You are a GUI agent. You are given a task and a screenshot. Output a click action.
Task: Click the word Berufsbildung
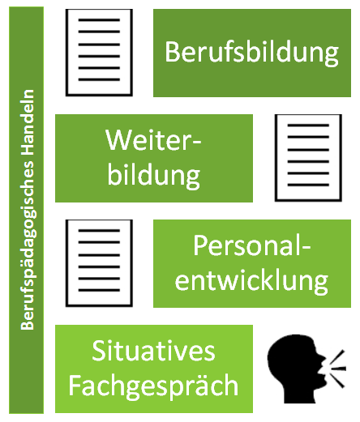click(x=251, y=53)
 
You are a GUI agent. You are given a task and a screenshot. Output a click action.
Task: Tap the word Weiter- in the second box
click(x=153, y=140)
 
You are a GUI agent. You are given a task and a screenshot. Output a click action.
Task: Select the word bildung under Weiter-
click(x=154, y=175)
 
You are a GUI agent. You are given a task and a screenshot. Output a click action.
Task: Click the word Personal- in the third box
click(x=251, y=245)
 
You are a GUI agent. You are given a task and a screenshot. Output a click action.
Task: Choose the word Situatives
click(x=153, y=351)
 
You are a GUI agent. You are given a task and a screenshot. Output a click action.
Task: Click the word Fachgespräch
click(x=153, y=386)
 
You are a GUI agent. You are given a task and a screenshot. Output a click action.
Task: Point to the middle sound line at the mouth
click(x=338, y=369)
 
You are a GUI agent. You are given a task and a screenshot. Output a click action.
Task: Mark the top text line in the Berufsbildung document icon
click(x=99, y=20)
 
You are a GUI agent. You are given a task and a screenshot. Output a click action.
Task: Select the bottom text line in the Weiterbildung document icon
click(x=308, y=185)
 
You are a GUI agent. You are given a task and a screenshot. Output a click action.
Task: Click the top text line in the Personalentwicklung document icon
click(x=99, y=231)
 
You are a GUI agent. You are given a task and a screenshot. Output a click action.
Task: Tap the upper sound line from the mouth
click(x=338, y=356)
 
